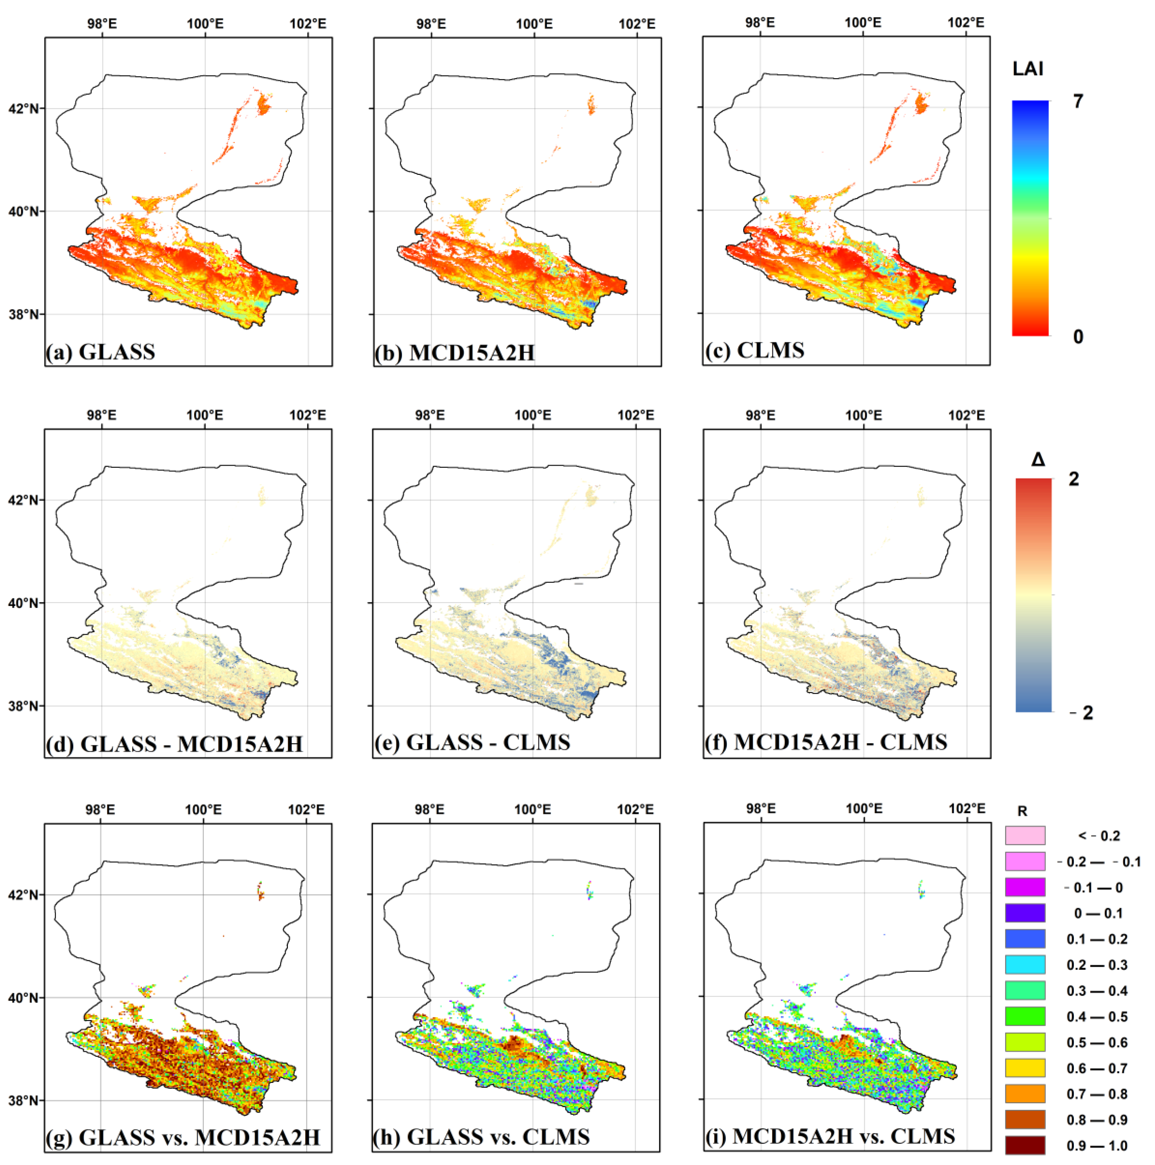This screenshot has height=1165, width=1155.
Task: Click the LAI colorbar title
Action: click(x=1028, y=69)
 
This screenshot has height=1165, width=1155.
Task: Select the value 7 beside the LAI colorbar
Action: click(x=1078, y=101)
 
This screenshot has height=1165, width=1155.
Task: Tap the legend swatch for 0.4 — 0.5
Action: click(x=1025, y=1016)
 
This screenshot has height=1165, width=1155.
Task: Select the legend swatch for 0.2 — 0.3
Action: click(x=1025, y=964)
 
